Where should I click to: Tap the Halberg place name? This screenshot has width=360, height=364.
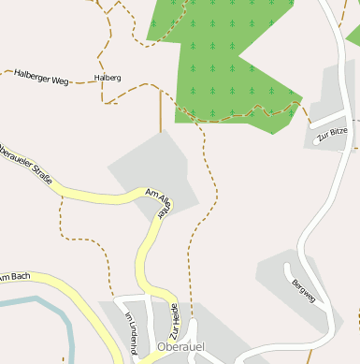point(108,78)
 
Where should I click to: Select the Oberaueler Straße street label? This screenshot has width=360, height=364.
point(24,162)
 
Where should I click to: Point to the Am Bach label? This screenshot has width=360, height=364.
point(15,276)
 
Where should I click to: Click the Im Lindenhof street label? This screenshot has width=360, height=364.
point(132,333)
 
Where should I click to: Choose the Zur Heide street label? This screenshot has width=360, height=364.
point(174,321)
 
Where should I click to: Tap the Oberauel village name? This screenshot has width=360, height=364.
point(181,348)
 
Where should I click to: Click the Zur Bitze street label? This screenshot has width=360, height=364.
point(332,135)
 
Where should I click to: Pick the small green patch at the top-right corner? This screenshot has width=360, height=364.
point(353,37)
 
